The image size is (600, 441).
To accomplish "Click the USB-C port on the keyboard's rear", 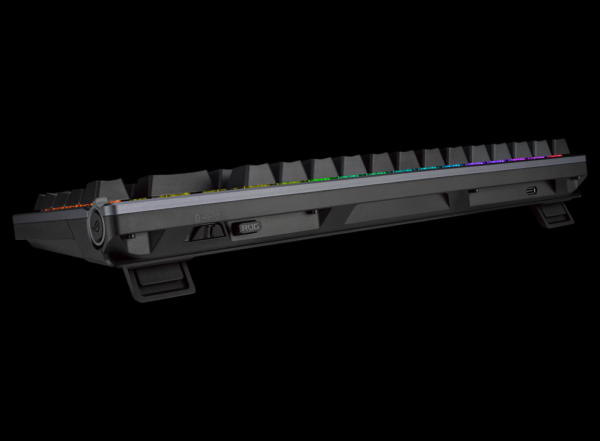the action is [x=532, y=190].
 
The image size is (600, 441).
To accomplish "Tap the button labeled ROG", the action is [x=250, y=227].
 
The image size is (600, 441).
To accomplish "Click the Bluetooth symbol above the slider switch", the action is [x=198, y=217].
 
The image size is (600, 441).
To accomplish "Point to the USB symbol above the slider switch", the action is [x=206, y=217].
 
